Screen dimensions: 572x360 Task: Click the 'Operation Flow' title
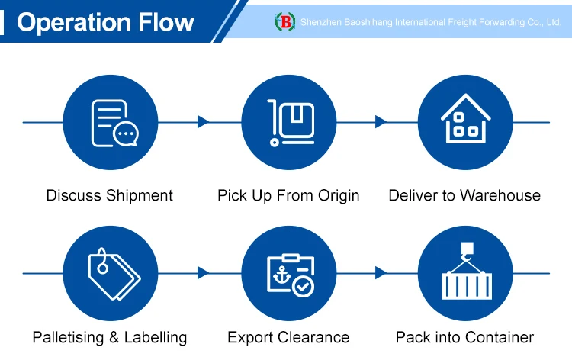point(105,22)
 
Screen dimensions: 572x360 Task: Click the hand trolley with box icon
point(288,122)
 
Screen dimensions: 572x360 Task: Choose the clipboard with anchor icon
point(288,273)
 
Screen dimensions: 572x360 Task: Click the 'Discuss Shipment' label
point(109,195)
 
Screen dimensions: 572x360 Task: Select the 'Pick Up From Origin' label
point(288,195)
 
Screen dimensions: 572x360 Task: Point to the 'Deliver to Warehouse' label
point(464,195)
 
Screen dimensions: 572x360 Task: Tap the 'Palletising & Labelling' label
point(109,337)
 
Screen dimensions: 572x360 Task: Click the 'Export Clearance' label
point(288,337)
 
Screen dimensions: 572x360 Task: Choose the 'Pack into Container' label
point(464,337)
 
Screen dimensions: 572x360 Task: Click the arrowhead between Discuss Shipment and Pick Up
point(203,122)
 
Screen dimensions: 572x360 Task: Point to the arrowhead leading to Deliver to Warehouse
point(381,122)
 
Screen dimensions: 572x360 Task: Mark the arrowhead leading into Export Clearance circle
point(203,272)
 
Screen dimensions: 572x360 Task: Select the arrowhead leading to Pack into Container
point(381,272)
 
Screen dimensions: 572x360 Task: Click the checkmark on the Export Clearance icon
point(303,287)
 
